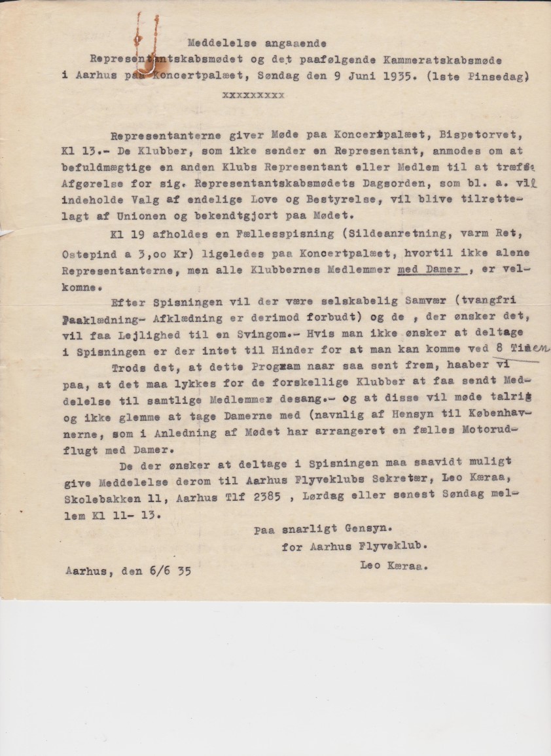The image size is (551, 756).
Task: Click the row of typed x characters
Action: [253, 94]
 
